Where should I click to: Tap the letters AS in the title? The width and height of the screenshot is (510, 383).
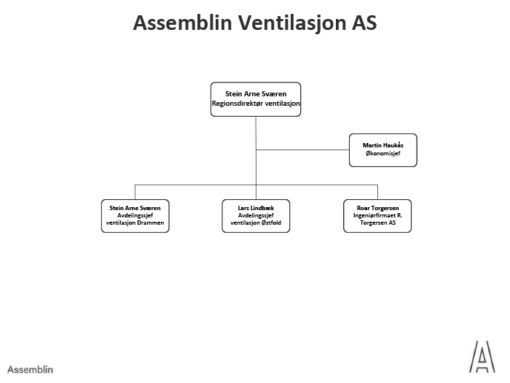click(362, 23)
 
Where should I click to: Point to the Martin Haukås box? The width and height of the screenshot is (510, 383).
click(382, 150)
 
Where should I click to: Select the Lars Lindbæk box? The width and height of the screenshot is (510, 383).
click(255, 216)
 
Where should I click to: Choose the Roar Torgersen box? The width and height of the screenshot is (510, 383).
click(377, 216)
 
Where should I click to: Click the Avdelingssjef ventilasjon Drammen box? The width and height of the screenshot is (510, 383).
click(135, 216)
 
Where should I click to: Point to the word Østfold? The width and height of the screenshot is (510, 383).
click(272, 224)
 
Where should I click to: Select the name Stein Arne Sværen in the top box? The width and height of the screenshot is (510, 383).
click(255, 94)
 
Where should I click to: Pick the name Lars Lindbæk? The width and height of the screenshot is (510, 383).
click(255, 208)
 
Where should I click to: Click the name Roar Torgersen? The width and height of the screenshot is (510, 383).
click(377, 208)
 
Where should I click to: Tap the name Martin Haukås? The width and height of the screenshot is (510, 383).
click(382, 146)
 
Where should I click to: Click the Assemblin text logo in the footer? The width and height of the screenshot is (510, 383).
click(30, 370)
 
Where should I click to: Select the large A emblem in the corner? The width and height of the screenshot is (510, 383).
click(481, 357)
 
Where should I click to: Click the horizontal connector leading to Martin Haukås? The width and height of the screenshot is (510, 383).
click(302, 150)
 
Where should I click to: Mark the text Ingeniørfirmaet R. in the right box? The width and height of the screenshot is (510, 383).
click(377, 216)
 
